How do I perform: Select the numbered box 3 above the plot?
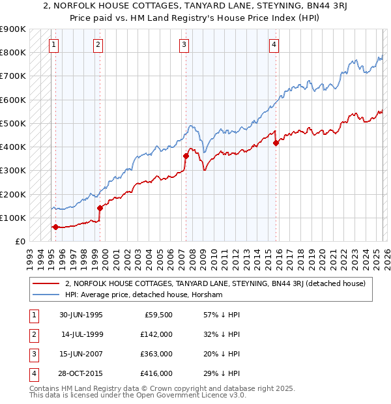(x=184, y=44)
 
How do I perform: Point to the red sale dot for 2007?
(x=186, y=156)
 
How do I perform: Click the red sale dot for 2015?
(x=276, y=143)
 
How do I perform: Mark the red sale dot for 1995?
(x=55, y=227)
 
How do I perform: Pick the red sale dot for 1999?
(x=100, y=208)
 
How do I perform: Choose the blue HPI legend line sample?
(x=46, y=295)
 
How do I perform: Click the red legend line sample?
(x=46, y=283)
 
